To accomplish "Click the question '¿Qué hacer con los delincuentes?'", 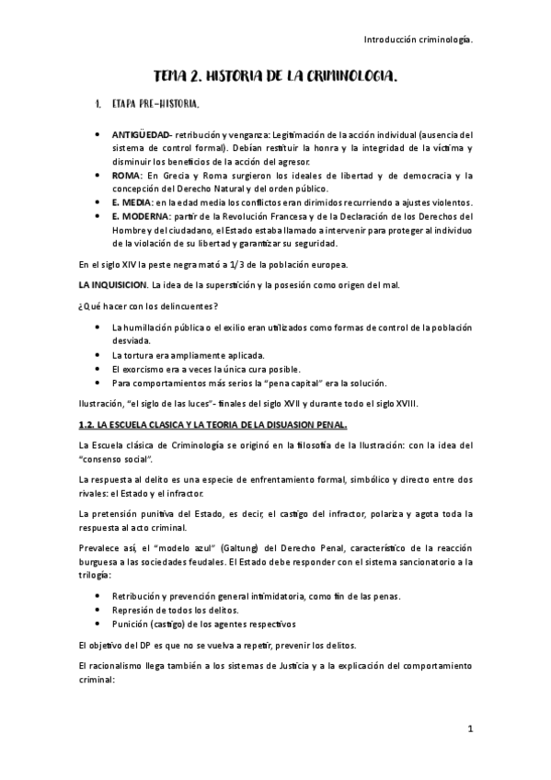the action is pos(142,305).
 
